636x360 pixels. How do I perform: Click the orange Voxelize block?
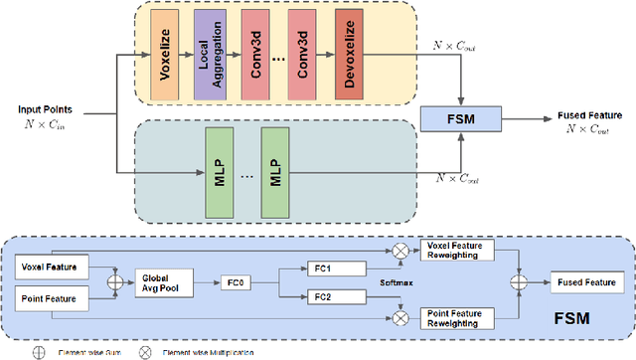click(x=164, y=58)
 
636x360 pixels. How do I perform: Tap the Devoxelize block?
click(x=349, y=58)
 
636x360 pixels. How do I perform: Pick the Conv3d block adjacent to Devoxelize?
click(x=307, y=58)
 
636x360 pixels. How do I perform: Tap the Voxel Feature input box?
click(x=55, y=266)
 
